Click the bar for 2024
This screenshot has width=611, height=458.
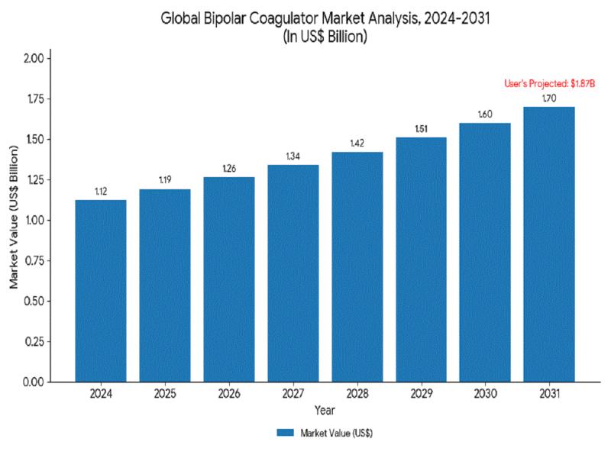point(101,290)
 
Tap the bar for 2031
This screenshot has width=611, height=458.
point(548,244)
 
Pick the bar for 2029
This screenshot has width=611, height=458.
point(421,259)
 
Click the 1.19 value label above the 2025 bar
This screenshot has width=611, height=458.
point(165,180)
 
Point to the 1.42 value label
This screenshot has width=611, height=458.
point(357,143)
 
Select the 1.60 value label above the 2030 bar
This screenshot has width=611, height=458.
point(484,114)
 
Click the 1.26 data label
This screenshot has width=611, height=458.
point(229,168)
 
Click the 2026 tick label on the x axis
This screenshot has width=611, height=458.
point(229,394)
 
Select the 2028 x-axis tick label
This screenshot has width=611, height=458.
point(357,394)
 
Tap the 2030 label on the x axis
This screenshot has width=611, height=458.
point(484,394)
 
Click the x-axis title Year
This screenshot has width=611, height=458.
point(324,411)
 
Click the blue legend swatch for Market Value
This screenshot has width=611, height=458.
point(285,433)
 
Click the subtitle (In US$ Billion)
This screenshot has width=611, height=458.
point(325,37)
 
